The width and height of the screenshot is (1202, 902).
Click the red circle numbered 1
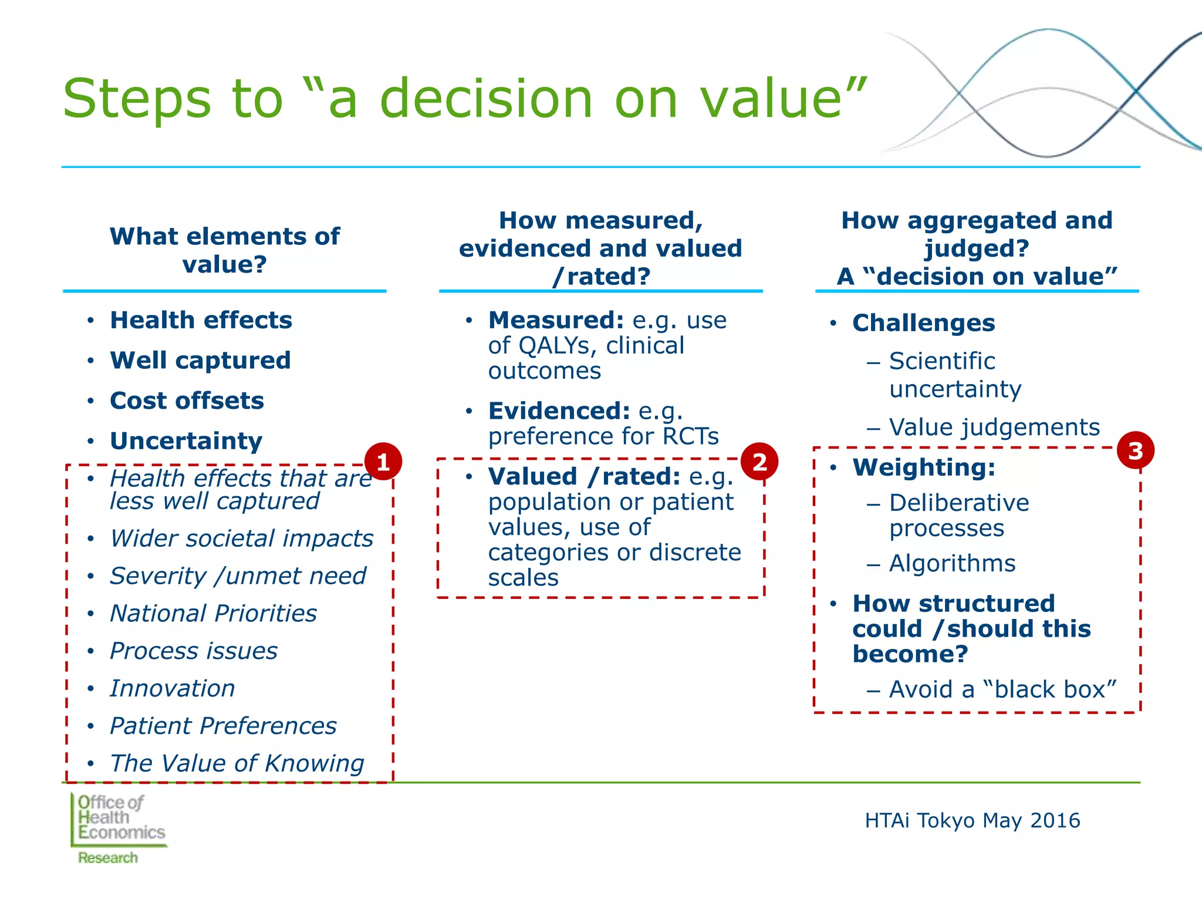383,462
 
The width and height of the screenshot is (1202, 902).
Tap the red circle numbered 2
759,462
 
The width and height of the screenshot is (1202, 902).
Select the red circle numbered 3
1135,451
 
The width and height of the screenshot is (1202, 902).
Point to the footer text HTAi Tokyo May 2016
972,820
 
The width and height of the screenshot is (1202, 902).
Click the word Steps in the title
136,99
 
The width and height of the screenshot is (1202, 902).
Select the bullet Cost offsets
187,400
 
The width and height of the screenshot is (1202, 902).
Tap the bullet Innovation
173,688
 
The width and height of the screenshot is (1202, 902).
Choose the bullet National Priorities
214,613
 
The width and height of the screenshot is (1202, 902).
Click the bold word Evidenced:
559,410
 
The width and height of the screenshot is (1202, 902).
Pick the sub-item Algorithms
952,563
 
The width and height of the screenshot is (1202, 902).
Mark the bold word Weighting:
924,467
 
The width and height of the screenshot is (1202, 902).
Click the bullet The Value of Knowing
237,763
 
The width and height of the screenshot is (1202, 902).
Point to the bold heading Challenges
923,323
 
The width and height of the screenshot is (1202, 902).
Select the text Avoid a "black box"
1002,689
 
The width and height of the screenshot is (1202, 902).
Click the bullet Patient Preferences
223,726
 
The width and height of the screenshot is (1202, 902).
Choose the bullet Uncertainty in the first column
186,440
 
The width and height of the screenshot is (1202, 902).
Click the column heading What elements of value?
224,250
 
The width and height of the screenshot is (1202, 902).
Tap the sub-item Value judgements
994,427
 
